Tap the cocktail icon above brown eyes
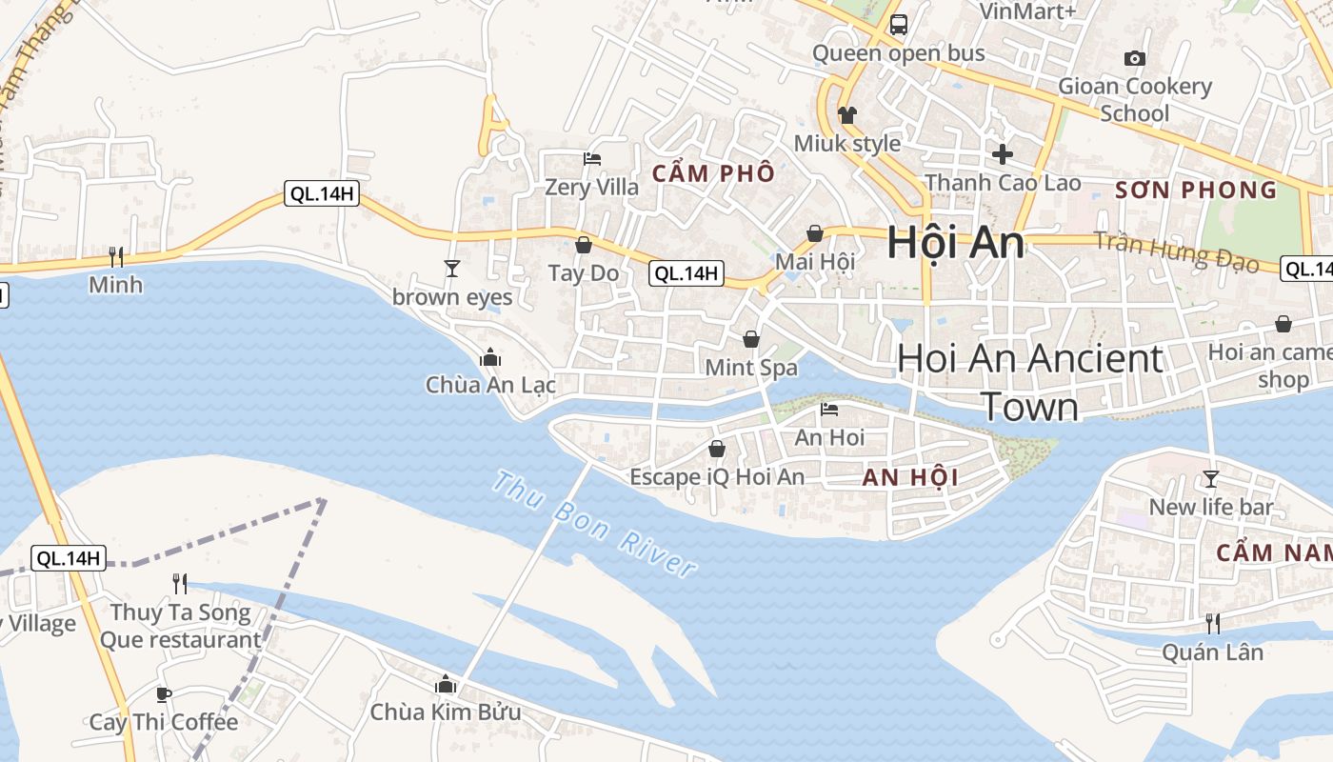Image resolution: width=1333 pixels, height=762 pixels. [x=452, y=269]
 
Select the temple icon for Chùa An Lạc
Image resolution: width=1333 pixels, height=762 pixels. [x=490, y=357]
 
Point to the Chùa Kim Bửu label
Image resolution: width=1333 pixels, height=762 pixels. [x=445, y=712]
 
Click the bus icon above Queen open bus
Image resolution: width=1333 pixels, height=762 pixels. [x=898, y=25]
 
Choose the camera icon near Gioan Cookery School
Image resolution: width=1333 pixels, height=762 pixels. [x=1134, y=59]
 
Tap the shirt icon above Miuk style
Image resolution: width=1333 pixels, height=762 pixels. [x=846, y=115]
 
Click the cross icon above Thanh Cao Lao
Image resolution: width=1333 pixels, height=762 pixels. [x=1003, y=153]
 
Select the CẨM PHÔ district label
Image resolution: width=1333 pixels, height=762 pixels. [x=713, y=174]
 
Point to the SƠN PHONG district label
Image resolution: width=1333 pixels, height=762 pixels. [x=1196, y=190]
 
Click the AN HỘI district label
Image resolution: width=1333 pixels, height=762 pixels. [x=909, y=477]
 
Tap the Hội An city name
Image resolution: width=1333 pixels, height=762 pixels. [x=955, y=243]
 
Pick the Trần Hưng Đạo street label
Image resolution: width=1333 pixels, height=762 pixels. [x=1176, y=252]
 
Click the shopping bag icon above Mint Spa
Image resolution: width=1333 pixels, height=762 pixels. [x=751, y=339]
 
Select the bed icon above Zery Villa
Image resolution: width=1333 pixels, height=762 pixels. [x=591, y=159]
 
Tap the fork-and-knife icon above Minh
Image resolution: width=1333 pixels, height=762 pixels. [x=116, y=256]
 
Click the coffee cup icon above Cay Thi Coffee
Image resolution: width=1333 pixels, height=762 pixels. [x=163, y=694]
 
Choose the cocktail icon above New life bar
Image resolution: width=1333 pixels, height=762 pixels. [x=1210, y=478]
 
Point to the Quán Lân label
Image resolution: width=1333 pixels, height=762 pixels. [x=1212, y=652]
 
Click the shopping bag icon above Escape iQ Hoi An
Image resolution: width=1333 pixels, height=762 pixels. [x=717, y=449]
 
